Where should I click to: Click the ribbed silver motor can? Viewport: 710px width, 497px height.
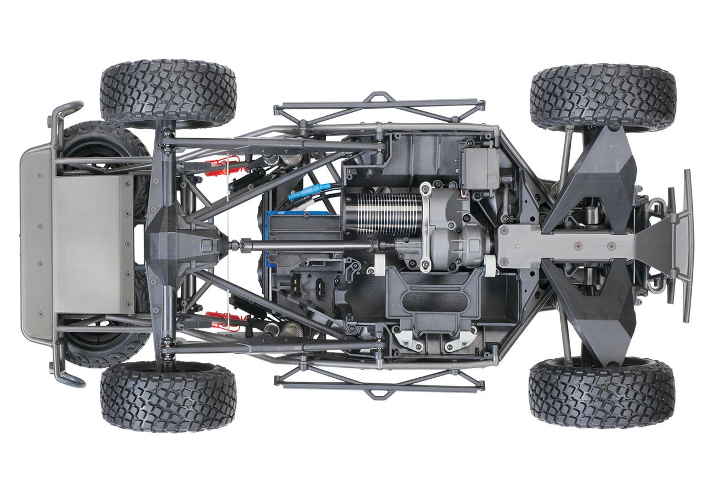coord(383,214)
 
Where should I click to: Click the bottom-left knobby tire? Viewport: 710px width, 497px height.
coord(168,397)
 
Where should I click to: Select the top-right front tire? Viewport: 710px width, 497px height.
coord(603,97)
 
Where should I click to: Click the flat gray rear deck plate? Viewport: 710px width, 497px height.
coord(92,244)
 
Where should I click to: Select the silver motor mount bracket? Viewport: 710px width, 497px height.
coord(425,227)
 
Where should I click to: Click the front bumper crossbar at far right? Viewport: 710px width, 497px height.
coord(688,244)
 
